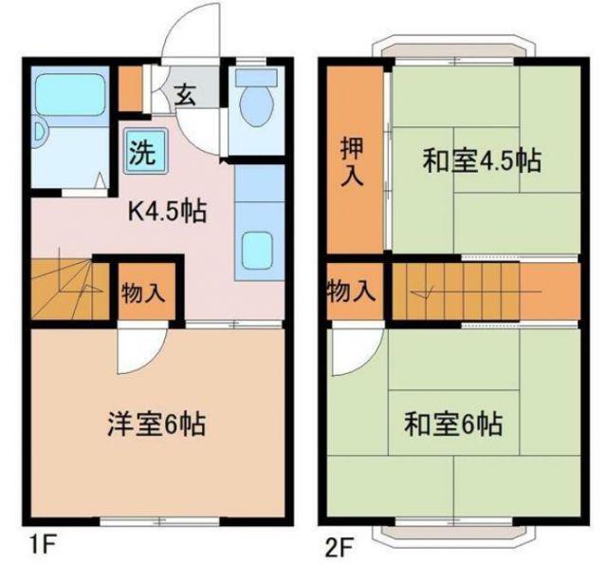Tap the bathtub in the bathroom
coord(70,94)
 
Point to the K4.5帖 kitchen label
coord(167,212)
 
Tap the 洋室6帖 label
coord(156,424)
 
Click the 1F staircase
coord(69,289)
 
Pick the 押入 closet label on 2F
coord(352,161)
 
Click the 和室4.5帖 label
coord(481,160)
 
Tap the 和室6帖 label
coord(453,424)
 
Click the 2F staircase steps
coord(456,292)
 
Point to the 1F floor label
coord(43,546)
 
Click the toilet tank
coord(256,78)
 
